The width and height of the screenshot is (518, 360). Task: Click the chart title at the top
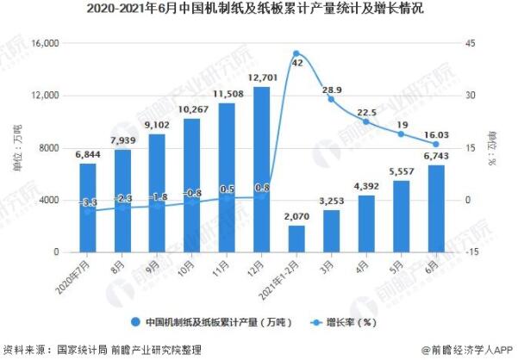[259, 10]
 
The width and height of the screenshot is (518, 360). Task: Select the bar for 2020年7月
[89, 208]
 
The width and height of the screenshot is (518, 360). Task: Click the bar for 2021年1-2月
[296, 239]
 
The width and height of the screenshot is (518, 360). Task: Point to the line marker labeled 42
[296, 53]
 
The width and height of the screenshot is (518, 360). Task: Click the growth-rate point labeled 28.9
[331, 99]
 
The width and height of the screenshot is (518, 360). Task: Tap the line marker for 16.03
[435, 144]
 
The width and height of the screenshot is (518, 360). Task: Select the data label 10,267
[192, 109]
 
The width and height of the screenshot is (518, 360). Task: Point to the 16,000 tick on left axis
[43, 43]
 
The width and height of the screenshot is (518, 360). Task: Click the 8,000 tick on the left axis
[47, 148]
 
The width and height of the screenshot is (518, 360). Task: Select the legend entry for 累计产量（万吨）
[211, 321]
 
